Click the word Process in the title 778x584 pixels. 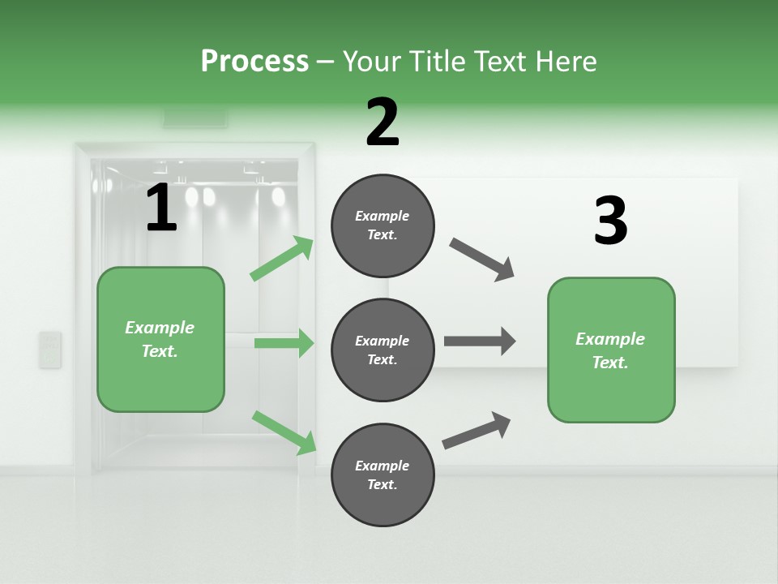click(254, 61)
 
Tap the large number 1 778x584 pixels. click(161, 208)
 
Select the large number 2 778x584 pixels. click(383, 122)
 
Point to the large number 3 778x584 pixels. click(610, 221)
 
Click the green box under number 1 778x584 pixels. click(160, 339)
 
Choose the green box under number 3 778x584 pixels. click(611, 350)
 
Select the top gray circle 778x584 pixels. click(383, 225)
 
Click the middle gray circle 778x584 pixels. click(383, 350)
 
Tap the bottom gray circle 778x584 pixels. click(383, 475)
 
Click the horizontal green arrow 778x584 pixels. click(284, 343)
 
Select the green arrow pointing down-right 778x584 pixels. click(284, 432)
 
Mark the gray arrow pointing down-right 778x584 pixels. click(482, 260)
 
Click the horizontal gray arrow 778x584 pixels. click(480, 341)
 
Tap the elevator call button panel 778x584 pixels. click(50, 350)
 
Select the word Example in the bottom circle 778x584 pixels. click(382, 466)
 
